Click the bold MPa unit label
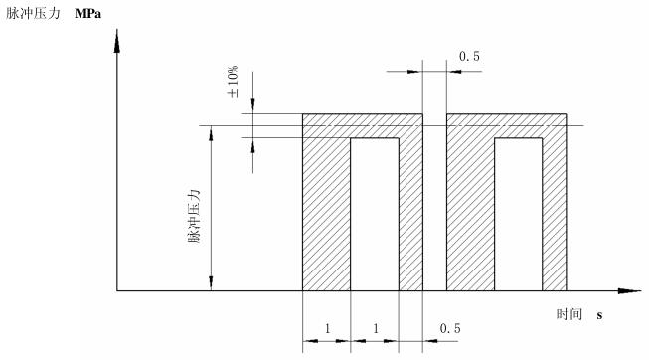[x=88, y=14]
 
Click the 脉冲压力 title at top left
[x=34, y=13]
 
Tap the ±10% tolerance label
[x=233, y=82]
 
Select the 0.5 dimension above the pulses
[x=469, y=56]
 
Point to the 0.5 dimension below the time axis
[x=450, y=328]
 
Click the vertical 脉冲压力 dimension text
[x=194, y=216]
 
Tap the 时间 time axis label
[x=569, y=314]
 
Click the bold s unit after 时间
[x=599, y=315]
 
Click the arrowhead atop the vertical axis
[x=117, y=42]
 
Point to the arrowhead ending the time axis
[x=629, y=290]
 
